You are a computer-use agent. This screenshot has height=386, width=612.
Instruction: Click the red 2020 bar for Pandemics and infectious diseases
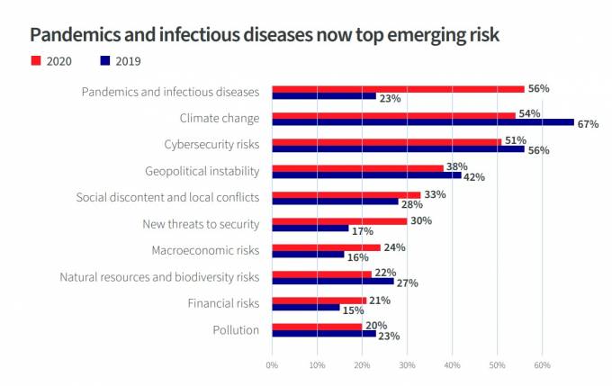click(x=398, y=89)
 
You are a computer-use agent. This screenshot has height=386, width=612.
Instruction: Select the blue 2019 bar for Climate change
click(x=423, y=122)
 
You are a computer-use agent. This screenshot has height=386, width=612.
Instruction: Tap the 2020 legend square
click(x=37, y=60)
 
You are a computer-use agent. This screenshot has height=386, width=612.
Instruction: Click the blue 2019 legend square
click(x=104, y=60)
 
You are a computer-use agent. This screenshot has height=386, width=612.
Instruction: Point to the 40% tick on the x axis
click(x=452, y=365)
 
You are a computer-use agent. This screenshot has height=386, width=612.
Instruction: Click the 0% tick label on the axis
click(x=272, y=365)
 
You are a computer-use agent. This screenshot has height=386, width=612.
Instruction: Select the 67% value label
click(x=589, y=124)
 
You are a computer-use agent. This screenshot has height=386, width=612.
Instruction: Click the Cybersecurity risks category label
click(x=211, y=144)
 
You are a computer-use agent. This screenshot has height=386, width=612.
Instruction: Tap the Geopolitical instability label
click(x=202, y=171)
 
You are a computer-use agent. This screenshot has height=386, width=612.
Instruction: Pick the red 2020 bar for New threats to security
click(x=339, y=220)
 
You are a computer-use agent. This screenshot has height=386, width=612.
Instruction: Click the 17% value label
click(x=363, y=230)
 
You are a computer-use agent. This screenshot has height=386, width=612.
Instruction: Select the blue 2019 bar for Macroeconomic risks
click(x=308, y=255)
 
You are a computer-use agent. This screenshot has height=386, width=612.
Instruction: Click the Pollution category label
click(x=236, y=330)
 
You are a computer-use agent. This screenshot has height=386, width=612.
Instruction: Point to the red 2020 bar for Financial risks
click(x=319, y=300)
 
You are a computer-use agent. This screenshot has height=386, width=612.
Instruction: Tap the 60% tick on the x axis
click(x=542, y=365)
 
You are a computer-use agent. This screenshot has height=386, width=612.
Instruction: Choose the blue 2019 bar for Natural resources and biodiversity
click(x=332, y=281)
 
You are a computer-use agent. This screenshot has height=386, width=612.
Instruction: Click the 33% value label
click(x=434, y=194)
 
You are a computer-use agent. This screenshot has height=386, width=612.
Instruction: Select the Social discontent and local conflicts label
click(x=167, y=197)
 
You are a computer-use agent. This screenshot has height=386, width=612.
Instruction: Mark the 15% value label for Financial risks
click(x=353, y=310)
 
